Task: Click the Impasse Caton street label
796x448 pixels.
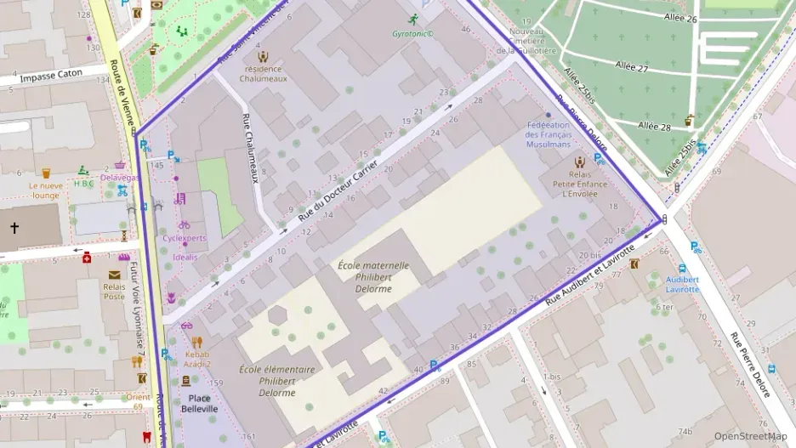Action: click(51, 74)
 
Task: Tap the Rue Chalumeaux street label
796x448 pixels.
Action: click(250, 149)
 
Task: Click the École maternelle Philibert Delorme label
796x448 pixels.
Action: click(373, 277)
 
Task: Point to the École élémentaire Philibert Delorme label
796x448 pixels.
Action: click(277, 381)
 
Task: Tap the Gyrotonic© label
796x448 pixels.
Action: click(413, 35)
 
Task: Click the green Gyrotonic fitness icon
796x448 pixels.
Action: click(413, 20)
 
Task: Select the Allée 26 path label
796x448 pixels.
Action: click(679, 19)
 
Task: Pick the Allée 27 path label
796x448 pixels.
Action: click(631, 65)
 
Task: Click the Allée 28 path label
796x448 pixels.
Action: click(654, 126)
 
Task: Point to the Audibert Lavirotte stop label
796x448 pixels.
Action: click(682, 284)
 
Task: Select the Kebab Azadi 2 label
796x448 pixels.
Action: click(198, 359)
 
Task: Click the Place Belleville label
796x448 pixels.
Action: click(199, 403)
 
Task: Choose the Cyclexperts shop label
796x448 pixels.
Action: click(185, 238)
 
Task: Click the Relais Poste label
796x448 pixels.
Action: click(114, 292)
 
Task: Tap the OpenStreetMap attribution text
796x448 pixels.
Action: click(750, 436)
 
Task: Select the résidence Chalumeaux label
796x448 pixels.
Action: click(264, 73)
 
